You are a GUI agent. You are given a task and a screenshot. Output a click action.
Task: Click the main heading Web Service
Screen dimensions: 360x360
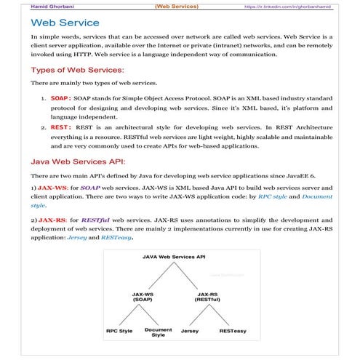click(x=65, y=23)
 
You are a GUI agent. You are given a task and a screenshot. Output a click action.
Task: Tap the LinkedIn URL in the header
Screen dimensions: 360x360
click(x=292, y=6)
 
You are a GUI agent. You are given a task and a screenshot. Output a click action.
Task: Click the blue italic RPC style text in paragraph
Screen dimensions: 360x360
click(x=279, y=197)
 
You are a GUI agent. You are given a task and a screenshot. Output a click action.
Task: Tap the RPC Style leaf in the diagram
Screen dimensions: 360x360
click(x=119, y=330)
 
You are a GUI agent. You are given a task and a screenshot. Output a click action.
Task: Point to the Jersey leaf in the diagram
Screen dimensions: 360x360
click(x=190, y=330)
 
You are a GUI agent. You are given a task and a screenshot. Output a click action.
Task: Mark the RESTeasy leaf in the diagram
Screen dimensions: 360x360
click(x=233, y=330)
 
